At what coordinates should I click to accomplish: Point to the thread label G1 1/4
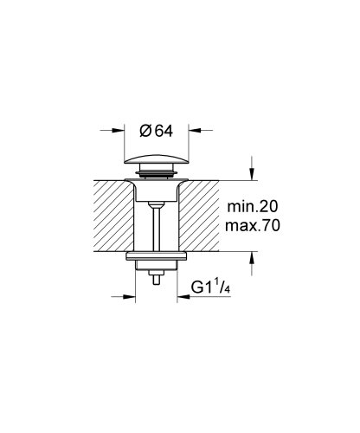pos(210,288)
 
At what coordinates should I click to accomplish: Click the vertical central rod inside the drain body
pos(155,225)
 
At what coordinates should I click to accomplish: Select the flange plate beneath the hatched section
pos(155,257)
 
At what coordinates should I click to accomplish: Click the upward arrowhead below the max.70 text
pos(252,256)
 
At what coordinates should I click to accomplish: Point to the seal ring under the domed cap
pos(155,177)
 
